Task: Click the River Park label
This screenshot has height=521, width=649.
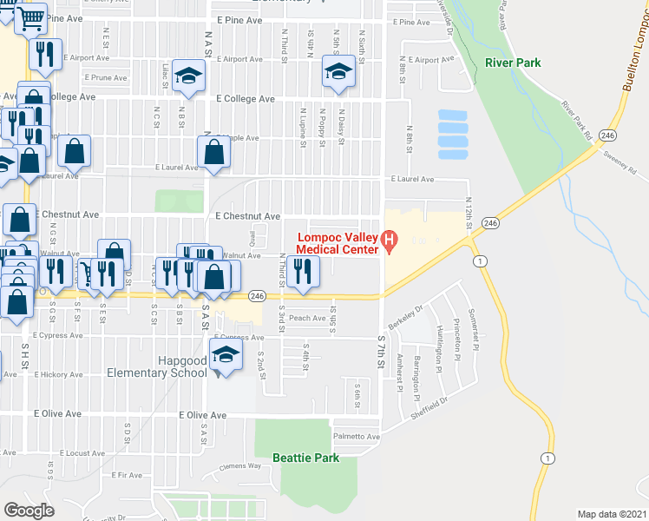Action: pyautogui.click(x=513, y=63)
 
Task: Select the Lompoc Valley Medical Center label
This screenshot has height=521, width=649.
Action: pyautogui.click(x=338, y=243)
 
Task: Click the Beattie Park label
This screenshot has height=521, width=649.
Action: pyautogui.click(x=305, y=458)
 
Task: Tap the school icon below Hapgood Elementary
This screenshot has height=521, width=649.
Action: pyautogui.click(x=226, y=356)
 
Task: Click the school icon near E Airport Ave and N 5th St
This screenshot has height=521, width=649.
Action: pyautogui.click(x=338, y=71)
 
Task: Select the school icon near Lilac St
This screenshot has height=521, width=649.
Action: pyautogui.click(x=187, y=76)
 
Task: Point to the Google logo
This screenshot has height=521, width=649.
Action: pyautogui.click(x=29, y=511)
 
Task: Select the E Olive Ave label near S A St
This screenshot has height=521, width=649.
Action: pyautogui.click(x=202, y=416)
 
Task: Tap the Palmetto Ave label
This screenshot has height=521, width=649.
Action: pyautogui.click(x=357, y=437)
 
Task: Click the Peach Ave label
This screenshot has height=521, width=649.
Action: pyautogui.click(x=306, y=318)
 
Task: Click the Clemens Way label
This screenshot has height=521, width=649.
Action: pyautogui.click(x=240, y=466)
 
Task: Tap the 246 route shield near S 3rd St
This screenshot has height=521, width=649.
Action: pyautogui.click(x=258, y=296)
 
